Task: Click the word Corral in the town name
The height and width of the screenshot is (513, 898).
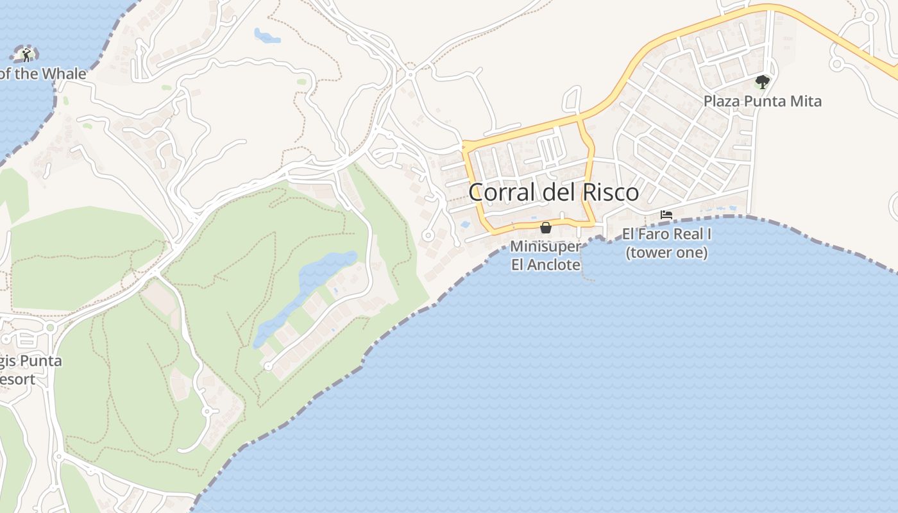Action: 500,192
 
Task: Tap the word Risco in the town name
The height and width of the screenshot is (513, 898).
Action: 610,192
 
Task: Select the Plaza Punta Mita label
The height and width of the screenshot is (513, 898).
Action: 762,101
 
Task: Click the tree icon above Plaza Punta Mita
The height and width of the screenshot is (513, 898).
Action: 762,82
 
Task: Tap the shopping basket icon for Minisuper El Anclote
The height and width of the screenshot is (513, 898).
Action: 546,228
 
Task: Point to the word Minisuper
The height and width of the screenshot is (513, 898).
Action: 545,246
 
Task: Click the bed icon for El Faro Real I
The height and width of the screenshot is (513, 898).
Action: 666,215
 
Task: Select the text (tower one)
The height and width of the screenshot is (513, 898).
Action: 666,253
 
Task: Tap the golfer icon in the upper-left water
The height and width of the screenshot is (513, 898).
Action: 26,55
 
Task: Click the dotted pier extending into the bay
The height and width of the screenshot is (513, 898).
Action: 584,263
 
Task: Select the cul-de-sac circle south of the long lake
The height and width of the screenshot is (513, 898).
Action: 268,366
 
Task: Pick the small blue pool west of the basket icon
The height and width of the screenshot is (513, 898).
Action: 464,225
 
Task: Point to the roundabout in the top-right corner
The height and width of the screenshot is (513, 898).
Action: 869,17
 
